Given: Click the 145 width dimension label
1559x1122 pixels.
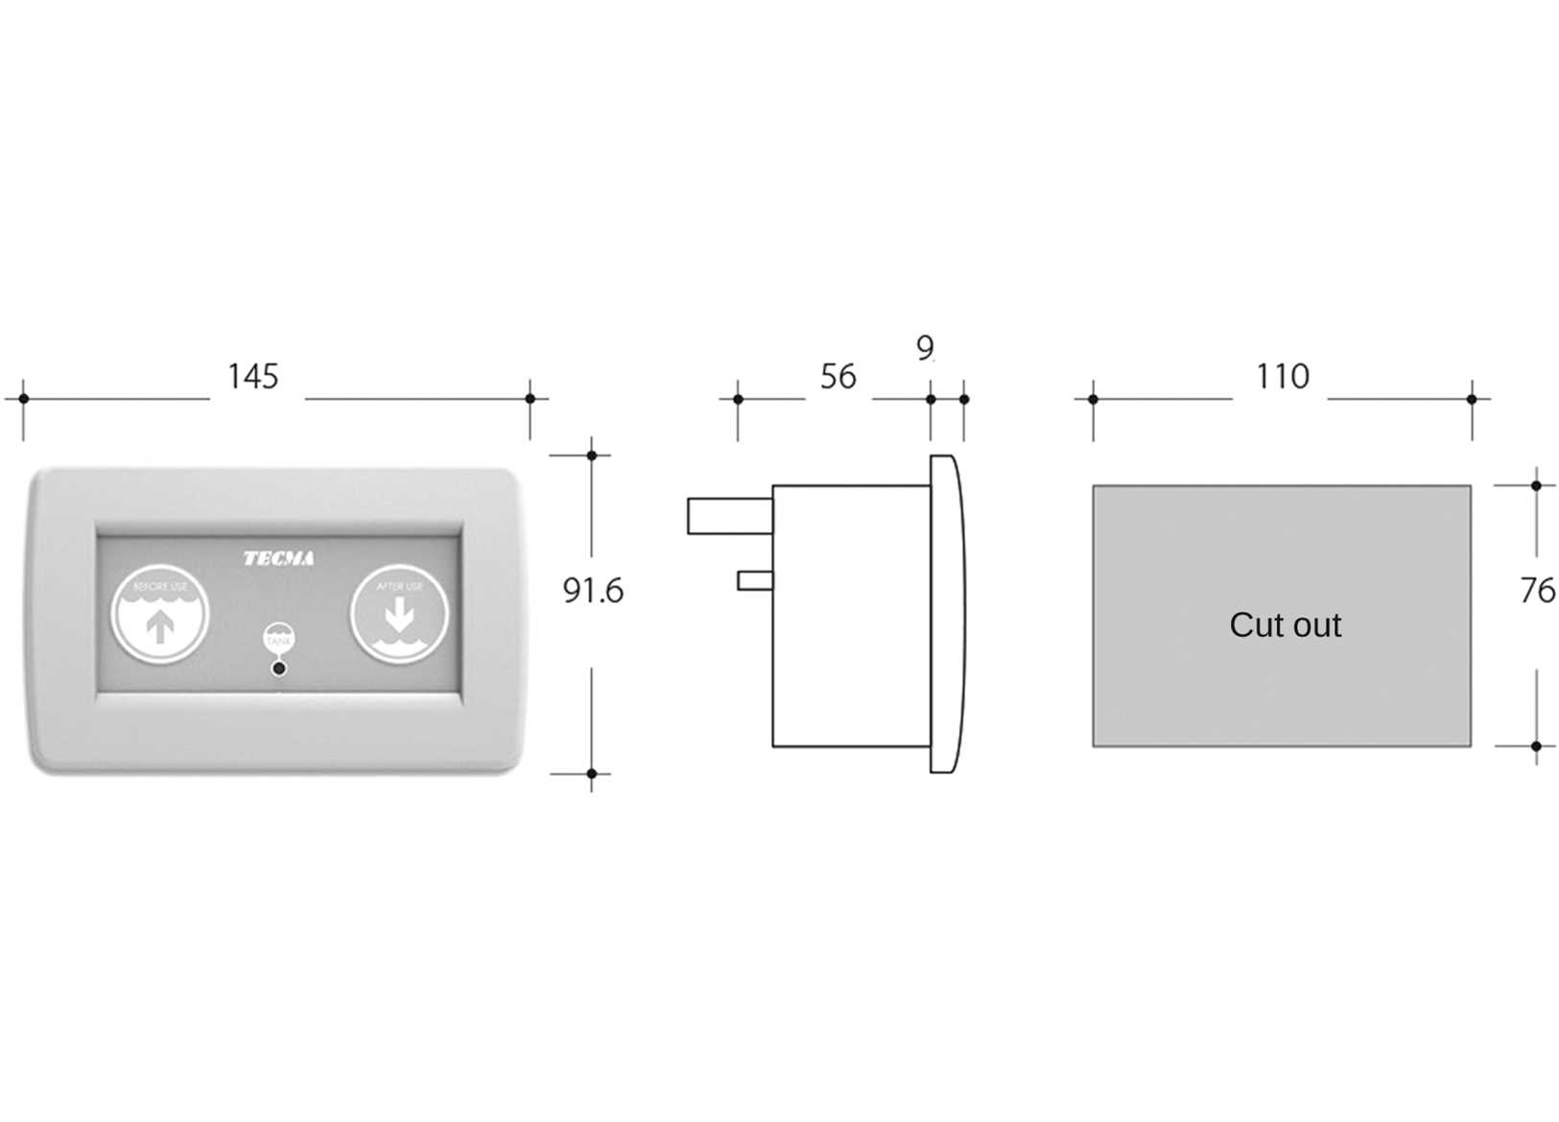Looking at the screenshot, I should (252, 376).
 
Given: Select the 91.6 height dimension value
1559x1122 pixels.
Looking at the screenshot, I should (592, 591).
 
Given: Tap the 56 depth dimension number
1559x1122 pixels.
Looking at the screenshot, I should (838, 377).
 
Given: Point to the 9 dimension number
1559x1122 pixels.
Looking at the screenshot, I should (924, 347).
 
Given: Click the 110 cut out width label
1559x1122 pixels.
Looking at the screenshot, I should (1282, 376).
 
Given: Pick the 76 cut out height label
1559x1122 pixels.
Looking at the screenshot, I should (1537, 591).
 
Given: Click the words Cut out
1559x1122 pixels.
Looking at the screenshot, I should (1285, 625).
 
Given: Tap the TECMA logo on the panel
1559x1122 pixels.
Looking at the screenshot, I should (278, 558).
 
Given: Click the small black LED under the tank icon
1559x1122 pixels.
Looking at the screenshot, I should (279, 667).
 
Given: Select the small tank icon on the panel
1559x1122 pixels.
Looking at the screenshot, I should (279, 638).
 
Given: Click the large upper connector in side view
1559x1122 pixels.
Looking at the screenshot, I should (729, 515).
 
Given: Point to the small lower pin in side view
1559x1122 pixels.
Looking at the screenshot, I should (754, 580).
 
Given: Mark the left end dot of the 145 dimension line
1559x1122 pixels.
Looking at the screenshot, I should (23, 398).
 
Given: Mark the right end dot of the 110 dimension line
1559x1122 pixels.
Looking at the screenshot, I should (1472, 399).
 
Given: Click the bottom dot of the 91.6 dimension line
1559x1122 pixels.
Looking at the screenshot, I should (592, 773).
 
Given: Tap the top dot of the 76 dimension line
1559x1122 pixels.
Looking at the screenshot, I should (1536, 485).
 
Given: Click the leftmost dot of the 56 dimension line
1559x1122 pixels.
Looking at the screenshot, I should (738, 399).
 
